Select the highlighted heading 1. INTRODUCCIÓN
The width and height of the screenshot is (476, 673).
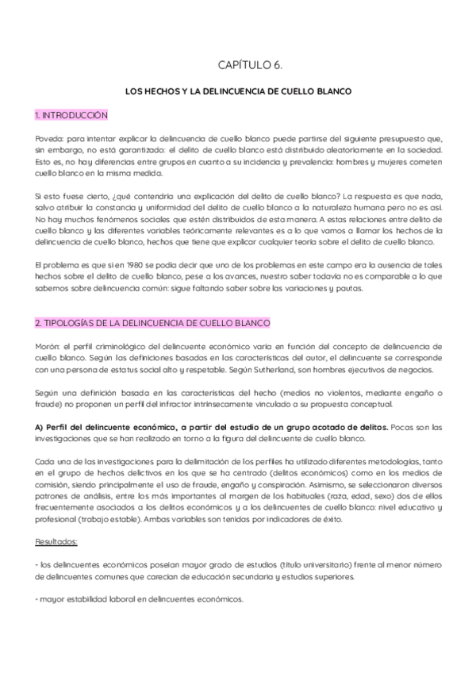(x=71, y=116)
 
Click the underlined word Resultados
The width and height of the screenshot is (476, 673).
(x=56, y=541)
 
